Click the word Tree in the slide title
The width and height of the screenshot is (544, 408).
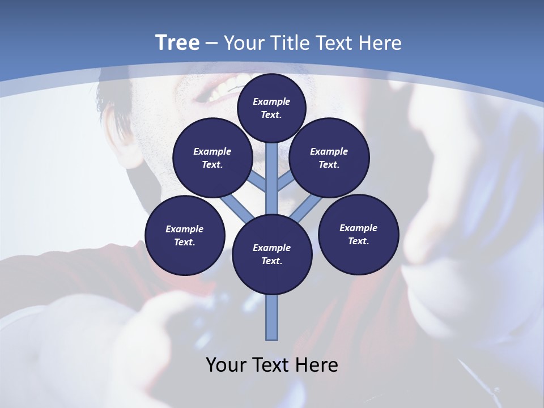click(x=177, y=42)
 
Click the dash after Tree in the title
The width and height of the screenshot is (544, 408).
click(x=210, y=44)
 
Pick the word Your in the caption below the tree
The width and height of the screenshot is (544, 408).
click(x=226, y=365)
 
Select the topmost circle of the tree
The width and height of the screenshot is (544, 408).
click(x=271, y=108)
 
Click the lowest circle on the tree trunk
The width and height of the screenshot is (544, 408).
click(x=272, y=254)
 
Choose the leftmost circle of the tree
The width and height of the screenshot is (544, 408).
click(x=185, y=235)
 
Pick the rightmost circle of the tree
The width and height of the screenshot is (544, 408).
click(x=358, y=235)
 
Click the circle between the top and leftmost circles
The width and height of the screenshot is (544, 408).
click(x=212, y=158)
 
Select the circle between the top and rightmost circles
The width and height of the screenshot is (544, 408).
click(x=329, y=158)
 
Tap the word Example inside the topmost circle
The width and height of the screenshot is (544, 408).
click(x=271, y=101)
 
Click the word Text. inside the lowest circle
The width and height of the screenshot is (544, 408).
click(x=271, y=261)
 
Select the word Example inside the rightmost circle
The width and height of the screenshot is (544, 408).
click(x=358, y=228)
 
